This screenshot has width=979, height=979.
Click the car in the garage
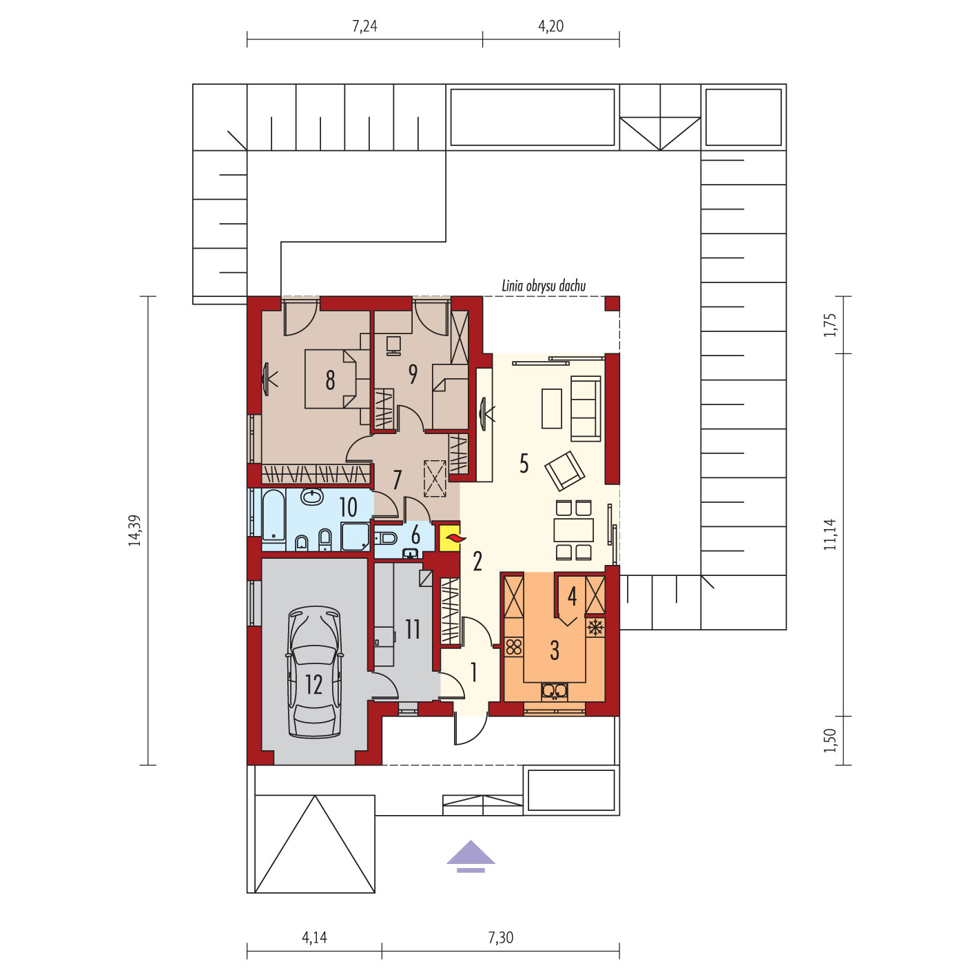click(314, 672)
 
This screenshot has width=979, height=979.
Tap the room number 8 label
click(330, 380)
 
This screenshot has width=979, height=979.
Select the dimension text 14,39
click(134, 530)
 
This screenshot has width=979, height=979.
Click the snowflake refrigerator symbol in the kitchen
click(595, 627)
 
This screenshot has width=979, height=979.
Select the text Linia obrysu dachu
click(544, 286)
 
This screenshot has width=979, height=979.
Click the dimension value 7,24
click(364, 26)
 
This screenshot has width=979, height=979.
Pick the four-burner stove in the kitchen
click(514, 647)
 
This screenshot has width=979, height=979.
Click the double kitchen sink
click(555, 690)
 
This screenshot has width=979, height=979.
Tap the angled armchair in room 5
click(565, 471)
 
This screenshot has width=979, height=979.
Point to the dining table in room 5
click(574, 530)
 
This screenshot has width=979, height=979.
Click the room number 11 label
click(413, 629)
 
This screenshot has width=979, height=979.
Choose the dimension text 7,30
click(500, 938)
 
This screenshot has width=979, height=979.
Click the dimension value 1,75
click(829, 325)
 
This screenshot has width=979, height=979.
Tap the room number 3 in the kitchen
click(555, 650)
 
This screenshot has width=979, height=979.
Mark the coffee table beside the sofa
click(552, 409)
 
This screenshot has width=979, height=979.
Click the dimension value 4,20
click(550, 26)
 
